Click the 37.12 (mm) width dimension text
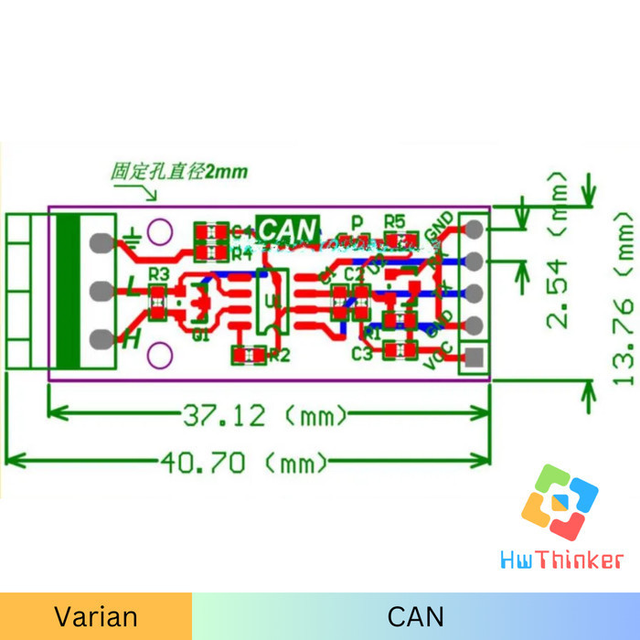pyautogui.click(x=265, y=416)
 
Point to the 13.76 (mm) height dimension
pyautogui.click(x=624, y=298)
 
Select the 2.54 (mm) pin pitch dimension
pyautogui.click(x=557, y=293)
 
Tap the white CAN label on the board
pyautogui.click(x=288, y=228)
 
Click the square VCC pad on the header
pyautogui.click(x=474, y=357)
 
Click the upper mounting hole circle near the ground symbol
pyautogui.click(x=160, y=231)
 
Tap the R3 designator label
pyautogui.click(x=158, y=273)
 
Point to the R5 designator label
pyautogui.click(x=394, y=221)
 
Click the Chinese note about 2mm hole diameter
pyautogui.click(x=178, y=171)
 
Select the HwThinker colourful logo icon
pyautogui.click(x=560, y=501)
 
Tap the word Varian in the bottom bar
pyautogui.click(x=96, y=616)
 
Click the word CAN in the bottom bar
pyautogui.click(x=416, y=616)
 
